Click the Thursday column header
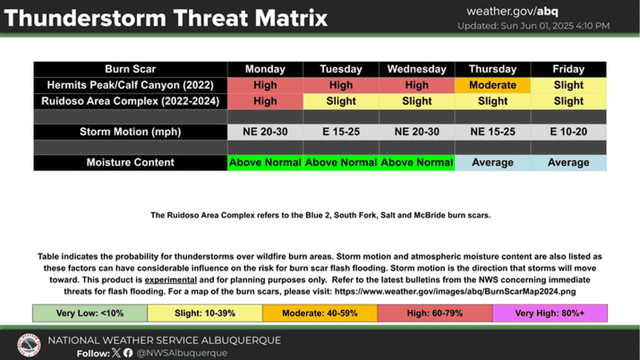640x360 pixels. click(x=493, y=69)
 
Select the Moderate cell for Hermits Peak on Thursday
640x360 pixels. click(x=493, y=85)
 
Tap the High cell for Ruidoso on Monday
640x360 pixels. click(x=265, y=101)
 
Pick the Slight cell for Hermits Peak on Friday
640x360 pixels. click(x=569, y=85)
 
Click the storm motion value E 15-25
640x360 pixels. click(x=341, y=132)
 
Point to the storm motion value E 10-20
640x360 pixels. click(x=569, y=132)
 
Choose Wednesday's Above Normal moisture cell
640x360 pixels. click(x=417, y=163)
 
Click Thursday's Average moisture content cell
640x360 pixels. click(x=493, y=163)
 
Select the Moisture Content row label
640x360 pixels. click(x=130, y=163)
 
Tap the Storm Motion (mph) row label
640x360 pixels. click(x=130, y=132)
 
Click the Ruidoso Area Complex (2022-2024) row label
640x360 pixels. click(x=130, y=101)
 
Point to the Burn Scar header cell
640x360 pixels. click(x=130, y=69)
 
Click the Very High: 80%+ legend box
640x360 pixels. click(x=550, y=313)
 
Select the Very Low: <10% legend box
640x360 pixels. click(x=90, y=313)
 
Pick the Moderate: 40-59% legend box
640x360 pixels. click(x=320, y=313)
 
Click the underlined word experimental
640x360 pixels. click(x=171, y=280)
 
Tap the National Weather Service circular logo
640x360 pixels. click(x=29, y=345)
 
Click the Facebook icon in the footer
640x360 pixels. click(x=128, y=353)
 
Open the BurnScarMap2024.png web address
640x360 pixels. click(x=455, y=292)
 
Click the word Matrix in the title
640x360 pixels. click(x=291, y=18)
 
